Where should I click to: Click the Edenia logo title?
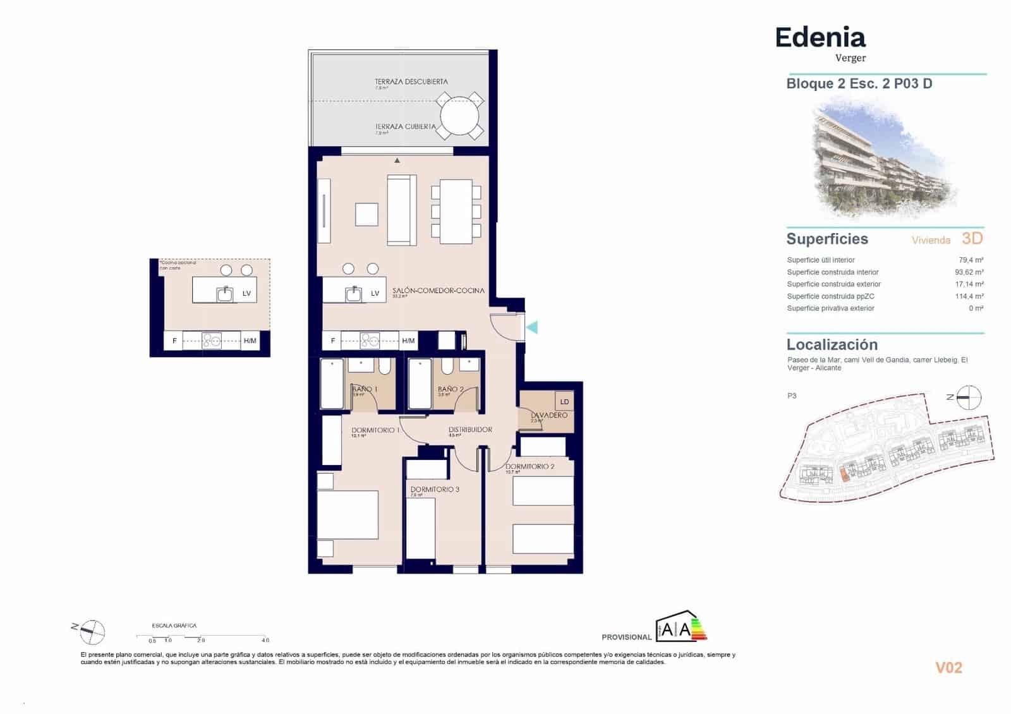[x=820, y=38]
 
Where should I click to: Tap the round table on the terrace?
[x=460, y=116]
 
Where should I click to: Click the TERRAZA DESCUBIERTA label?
[x=411, y=82]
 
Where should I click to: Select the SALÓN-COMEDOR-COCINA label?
[x=438, y=291]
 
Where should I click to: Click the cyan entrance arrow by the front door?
[x=532, y=327]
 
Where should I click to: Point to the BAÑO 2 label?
[x=451, y=389]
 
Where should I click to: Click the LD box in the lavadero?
[x=564, y=401]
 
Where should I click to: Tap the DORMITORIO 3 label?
[x=435, y=489]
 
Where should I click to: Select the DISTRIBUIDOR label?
[x=470, y=430]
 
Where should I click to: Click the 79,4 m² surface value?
[x=971, y=260]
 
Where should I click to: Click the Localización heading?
[x=832, y=345]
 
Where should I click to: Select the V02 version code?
[x=948, y=668]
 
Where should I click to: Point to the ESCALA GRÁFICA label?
[x=174, y=626]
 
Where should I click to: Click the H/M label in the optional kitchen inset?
[x=250, y=341]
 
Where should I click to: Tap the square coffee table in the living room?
[x=366, y=214]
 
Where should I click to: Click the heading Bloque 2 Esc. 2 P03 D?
[x=859, y=84]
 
